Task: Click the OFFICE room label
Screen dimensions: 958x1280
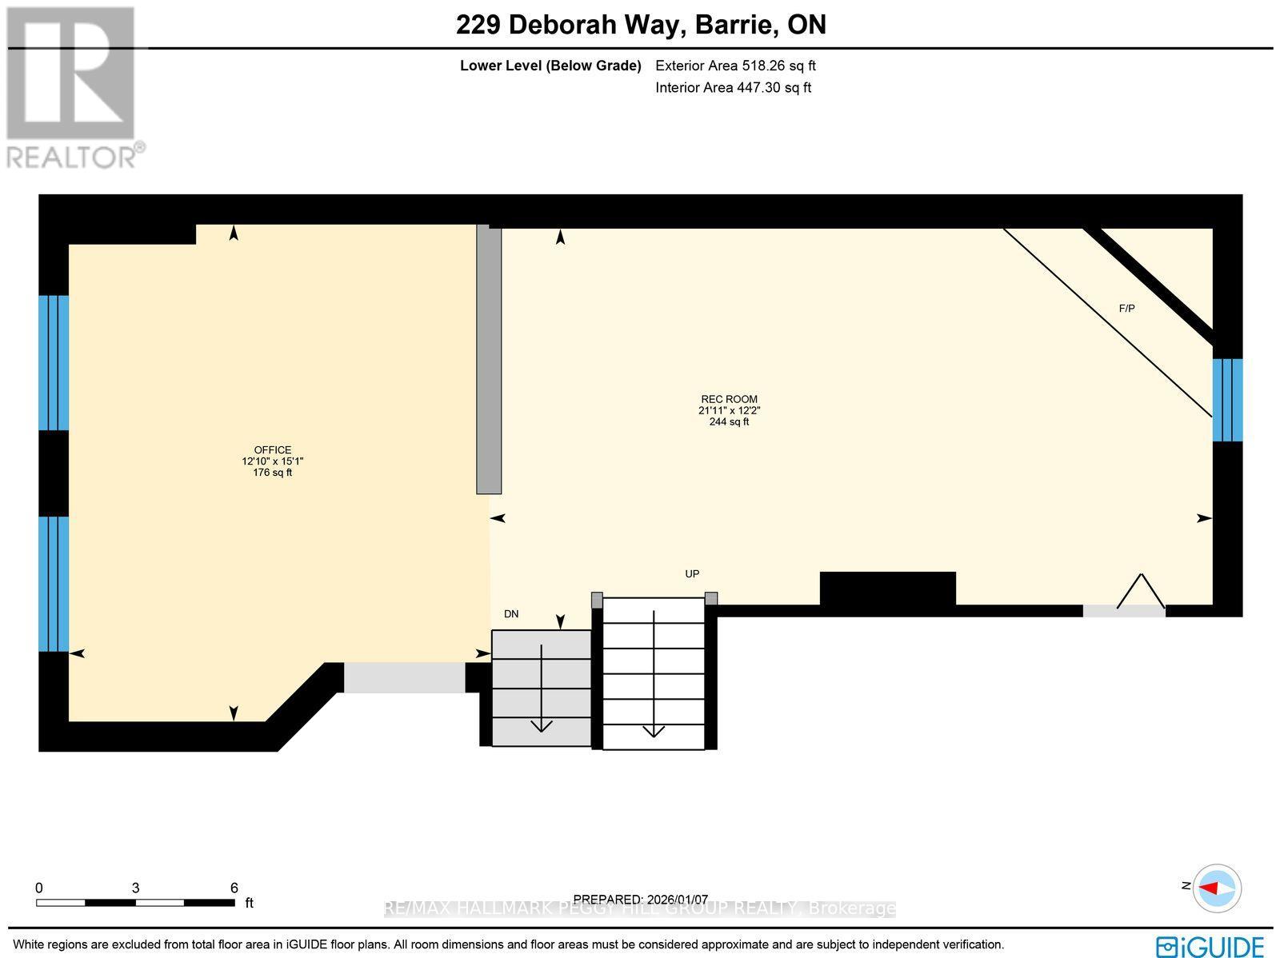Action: pyautogui.click(x=273, y=450)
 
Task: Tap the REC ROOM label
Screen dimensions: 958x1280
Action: pyautogui.click(x=729, y=399)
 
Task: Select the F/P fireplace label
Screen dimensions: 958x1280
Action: pyautogui.click(x=1126, y=309)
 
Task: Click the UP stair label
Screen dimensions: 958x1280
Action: pyautogui.click(x=692, y=574)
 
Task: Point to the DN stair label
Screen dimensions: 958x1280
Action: pyautogui.click(x=511, y=614)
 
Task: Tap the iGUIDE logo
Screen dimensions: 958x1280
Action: pyautogui.click(x=1210, y=946)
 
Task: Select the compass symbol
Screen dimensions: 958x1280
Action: pyautogui.click(x=1217, y=888)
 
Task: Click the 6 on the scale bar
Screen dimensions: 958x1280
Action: pyautogui.click(x=234, y=888)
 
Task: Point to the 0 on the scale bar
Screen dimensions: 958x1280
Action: pyautogui.click(x=39, y=888)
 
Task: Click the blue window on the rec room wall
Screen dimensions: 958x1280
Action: pyautogui.click(x=1227, y=400)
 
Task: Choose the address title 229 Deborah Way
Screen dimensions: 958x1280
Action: pyautogui.click(x=641, y=25)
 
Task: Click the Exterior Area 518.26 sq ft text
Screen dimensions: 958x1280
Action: pyautogui.click(x=735, y=66)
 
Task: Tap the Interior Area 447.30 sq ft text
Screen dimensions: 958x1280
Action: pyautogui.click(x=733, y=88)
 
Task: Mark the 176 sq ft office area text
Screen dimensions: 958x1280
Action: pyautogui.click(x=273, y=473)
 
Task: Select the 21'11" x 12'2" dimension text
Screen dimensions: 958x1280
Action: pyautogui.click(x=729, y=410)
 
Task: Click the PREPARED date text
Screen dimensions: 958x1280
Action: pyautogui.click(x=641, y=900)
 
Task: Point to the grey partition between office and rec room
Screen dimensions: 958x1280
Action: pyautogui.click(x=489, y=360)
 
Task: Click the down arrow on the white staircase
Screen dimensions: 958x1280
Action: pyautogui.click(x=654, y=729)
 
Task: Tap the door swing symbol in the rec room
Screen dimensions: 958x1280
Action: pyautogui.click(x=1141, y=592)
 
